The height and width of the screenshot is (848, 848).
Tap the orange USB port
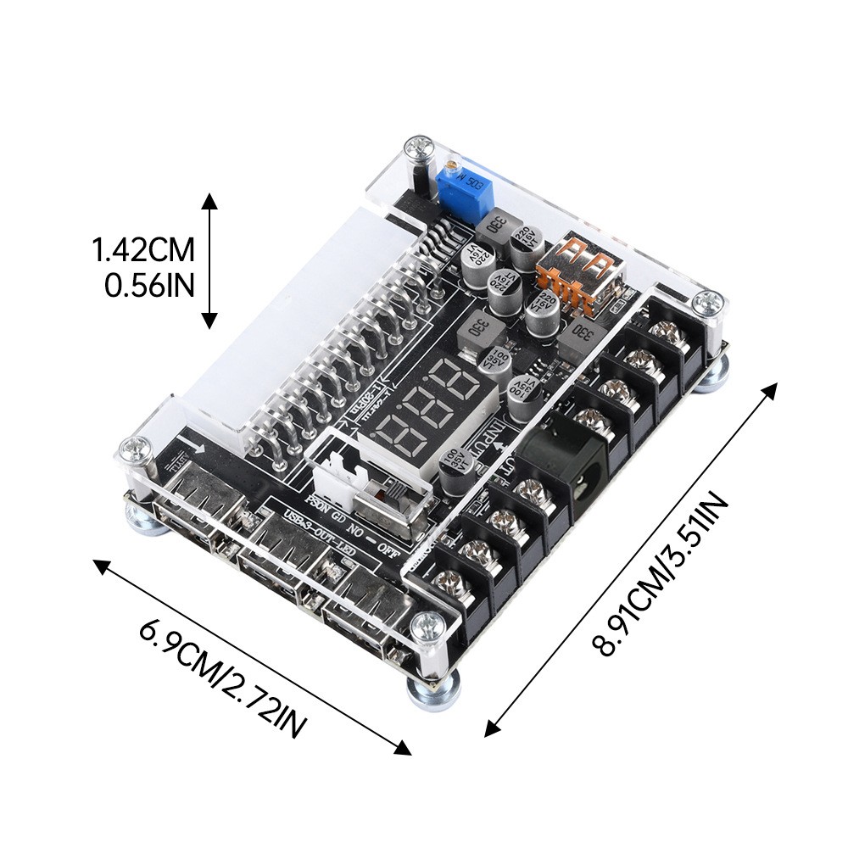tap(579, 269)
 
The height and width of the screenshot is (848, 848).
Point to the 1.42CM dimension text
tap(143, 251)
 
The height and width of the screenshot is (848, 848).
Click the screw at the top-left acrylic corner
tap(418, 148)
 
